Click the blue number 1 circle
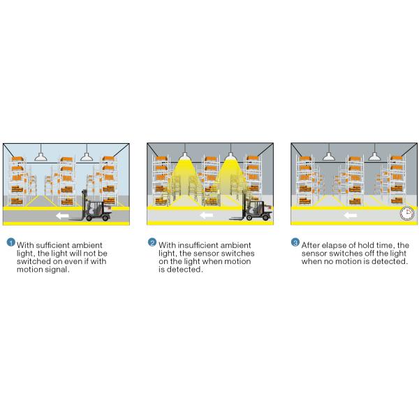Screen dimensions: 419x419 [10, 242]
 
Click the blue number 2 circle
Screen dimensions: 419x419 [152, 242]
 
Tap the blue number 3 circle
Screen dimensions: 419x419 [295, 242]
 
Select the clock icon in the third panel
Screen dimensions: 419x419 [406, 213]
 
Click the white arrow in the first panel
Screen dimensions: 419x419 [63, 215]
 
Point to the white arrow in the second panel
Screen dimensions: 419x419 [207, 215]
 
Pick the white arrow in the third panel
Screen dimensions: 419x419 [351, 215]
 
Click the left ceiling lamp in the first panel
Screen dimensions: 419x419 [41, 156]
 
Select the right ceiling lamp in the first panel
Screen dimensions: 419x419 [87, 156]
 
